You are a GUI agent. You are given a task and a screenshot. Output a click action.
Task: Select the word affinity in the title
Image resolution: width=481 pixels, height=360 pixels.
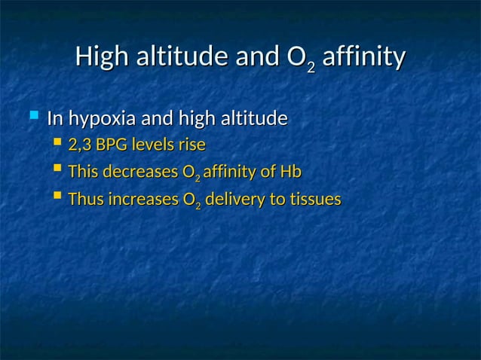pyautogui.click(x=363, y=56)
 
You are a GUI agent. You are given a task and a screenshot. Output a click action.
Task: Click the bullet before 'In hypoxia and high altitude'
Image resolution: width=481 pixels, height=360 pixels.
pyautogui.click(x=32, y=117)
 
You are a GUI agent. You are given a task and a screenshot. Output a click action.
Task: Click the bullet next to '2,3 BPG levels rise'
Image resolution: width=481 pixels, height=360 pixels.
pyautogui.click(x=58, y=143)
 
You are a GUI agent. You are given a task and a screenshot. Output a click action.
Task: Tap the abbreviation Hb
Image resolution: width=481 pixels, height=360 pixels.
pyautogui.click(x=290, y=172)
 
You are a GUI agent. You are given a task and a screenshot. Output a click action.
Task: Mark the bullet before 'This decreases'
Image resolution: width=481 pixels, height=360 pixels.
pyautogui.click(x=58, y=171)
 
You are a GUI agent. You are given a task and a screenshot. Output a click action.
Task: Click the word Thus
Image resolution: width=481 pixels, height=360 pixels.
pyautogui.click(x=85, y=200)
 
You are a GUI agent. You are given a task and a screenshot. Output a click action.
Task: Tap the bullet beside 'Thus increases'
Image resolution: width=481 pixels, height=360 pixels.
pyautogui.click(x=58, y=198)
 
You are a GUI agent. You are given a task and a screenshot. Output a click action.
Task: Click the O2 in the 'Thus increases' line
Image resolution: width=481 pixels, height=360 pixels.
pyautogui.click(x=191, y=201)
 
